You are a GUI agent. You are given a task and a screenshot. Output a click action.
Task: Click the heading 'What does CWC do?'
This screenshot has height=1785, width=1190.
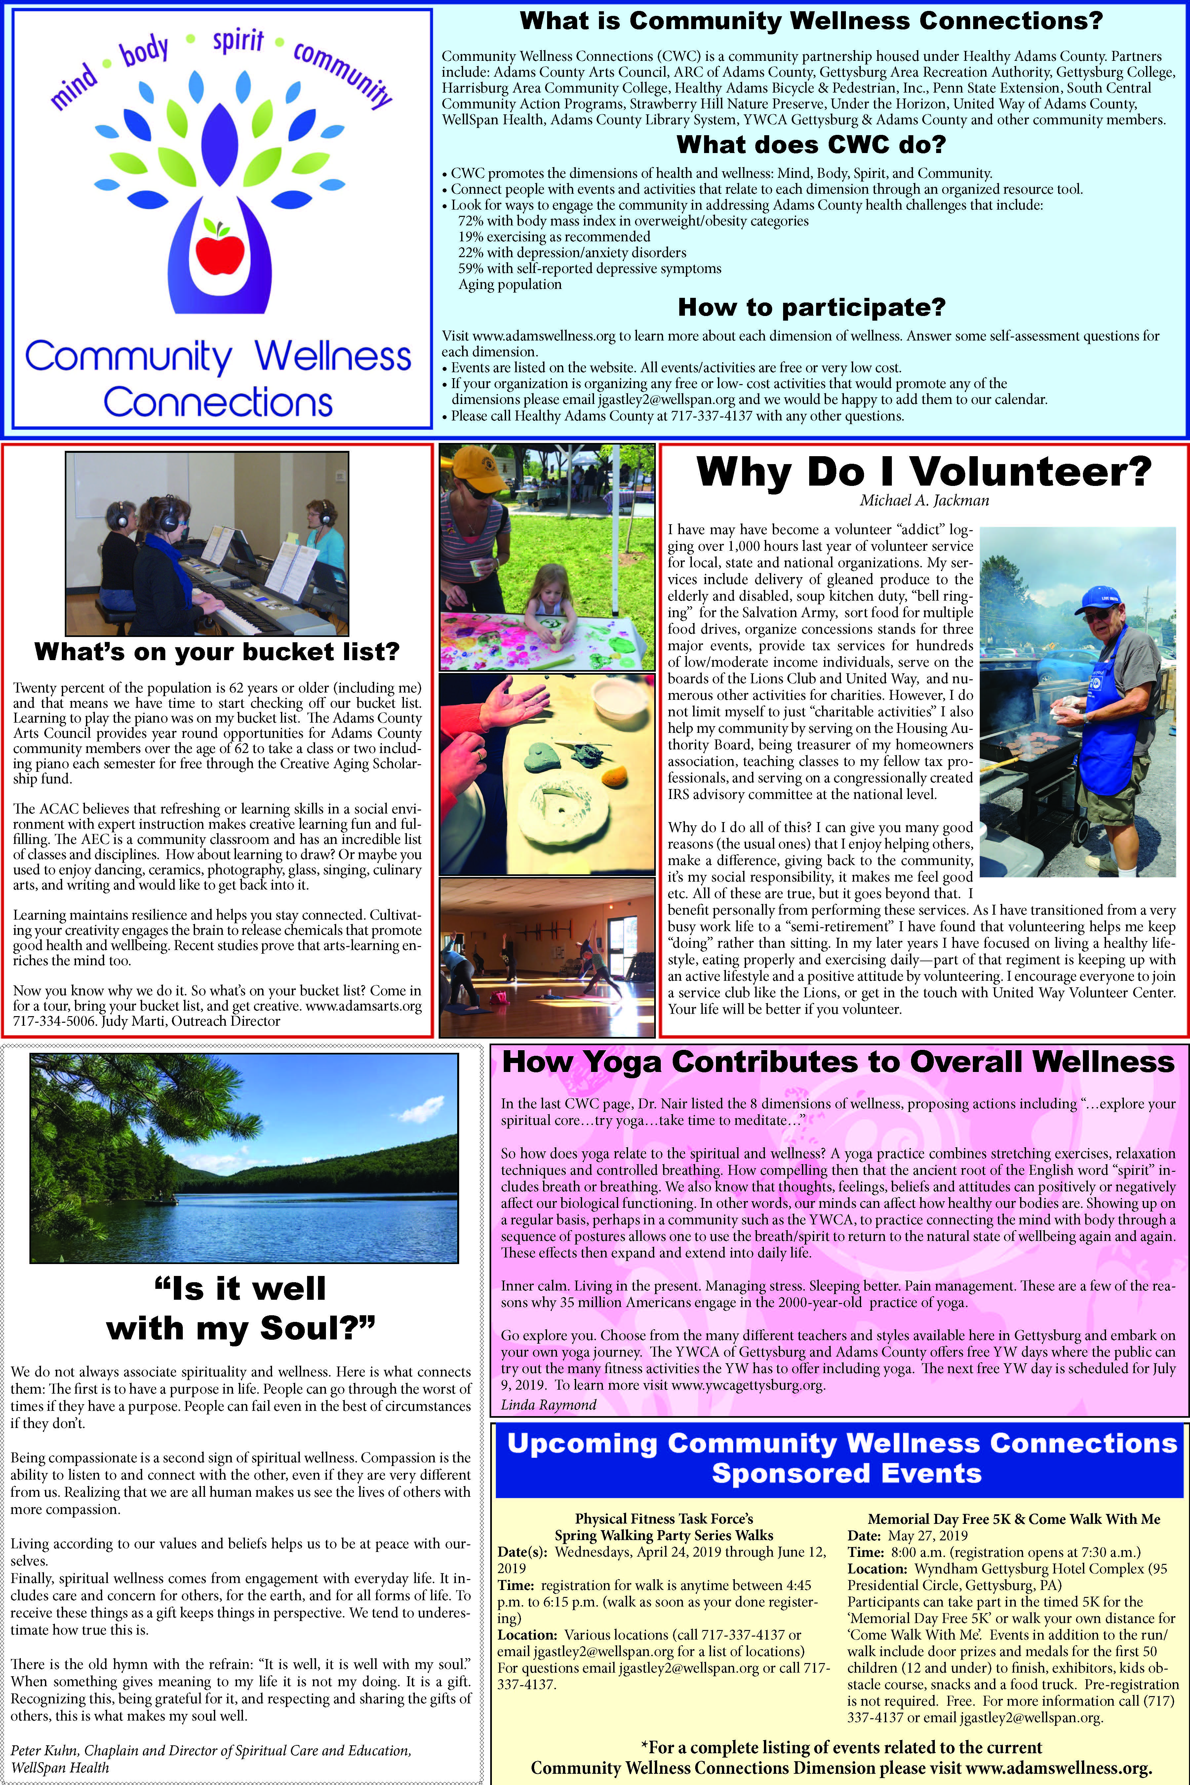(811, 144)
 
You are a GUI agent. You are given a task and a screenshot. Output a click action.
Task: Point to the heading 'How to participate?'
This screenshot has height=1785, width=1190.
(811, 307)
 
